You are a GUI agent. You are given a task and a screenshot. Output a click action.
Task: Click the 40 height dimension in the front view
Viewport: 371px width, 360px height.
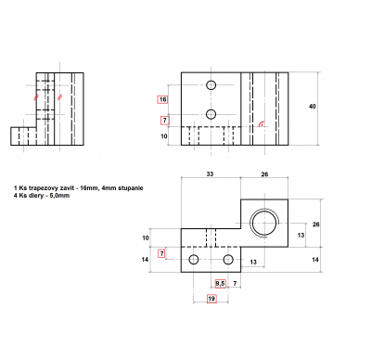coord(312,107)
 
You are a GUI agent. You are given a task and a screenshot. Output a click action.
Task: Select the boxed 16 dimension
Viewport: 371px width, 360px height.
coord(163,99)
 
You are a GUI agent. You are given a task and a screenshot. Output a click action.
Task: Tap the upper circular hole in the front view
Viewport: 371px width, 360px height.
coord(211,85)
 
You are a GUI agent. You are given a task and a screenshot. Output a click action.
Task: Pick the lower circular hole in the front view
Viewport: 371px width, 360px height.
coord(211,114)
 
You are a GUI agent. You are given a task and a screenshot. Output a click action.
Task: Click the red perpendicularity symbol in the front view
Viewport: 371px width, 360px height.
coord(263,123)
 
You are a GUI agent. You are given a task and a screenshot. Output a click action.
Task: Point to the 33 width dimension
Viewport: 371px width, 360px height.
coord(211,174)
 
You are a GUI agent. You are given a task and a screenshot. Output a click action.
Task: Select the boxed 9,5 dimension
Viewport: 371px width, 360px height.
coord(221,281)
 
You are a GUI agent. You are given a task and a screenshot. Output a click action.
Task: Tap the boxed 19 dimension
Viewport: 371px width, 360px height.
coord(211,299)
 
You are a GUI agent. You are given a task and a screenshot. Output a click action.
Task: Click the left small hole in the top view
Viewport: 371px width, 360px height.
coord(193,258)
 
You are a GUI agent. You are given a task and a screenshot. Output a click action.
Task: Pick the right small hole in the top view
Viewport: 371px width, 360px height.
coord(228,258)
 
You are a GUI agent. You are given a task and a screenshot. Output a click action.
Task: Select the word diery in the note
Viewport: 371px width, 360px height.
coord(34,196)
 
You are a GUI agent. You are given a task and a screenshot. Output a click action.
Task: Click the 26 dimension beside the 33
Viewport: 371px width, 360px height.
coord(264,174)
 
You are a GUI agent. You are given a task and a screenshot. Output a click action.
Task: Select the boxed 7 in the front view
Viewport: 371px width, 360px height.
coord(164,120)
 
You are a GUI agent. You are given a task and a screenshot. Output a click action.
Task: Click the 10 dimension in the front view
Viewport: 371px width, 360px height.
coord(164,136)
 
